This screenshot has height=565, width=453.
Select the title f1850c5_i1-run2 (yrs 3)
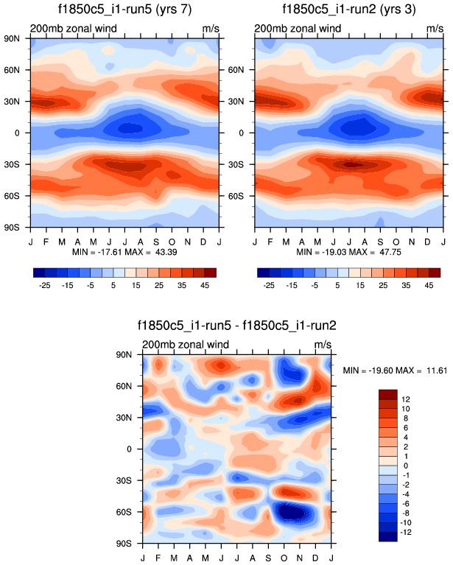(x=348, y=10)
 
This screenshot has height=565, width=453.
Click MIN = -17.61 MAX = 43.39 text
(x=124, y=252)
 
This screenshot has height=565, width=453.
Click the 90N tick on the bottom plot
(x=133, y=354)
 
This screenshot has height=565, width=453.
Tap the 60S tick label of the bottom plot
(x=133, y=511)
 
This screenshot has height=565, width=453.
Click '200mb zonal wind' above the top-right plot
(x=298, y=28)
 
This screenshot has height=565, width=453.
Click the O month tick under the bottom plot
(x=284, y=552)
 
